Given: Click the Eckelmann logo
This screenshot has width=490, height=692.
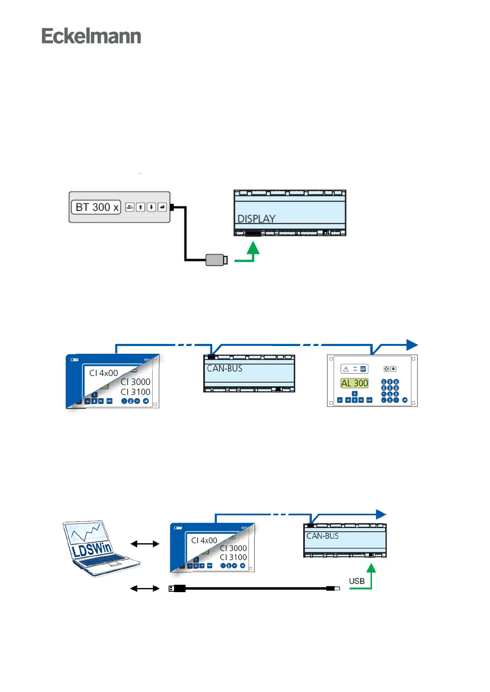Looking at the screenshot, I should pyautogui.click(x=91, y=36).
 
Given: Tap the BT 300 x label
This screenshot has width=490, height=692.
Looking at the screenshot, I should pyautogui.click(x=96, y=207).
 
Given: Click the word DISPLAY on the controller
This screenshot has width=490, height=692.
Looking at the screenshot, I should pyautogui.click(x=256, y=219).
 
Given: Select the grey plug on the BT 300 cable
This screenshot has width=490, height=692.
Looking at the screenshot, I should pyautogui.click(x=216, y=260).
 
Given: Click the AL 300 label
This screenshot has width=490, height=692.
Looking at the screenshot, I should pyautogui.click(x=355, y=383).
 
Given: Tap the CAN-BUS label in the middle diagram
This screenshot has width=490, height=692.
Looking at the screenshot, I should pyautogui.click(x=225, y=368).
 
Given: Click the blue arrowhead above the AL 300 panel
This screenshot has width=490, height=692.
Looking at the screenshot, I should pyautogui.click(x=412, y=345).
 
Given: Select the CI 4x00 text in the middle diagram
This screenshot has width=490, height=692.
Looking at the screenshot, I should pyautogui.click(x=104, y=373).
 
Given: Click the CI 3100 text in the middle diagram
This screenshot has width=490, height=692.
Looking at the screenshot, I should pyautogui.click(x=135, y=392).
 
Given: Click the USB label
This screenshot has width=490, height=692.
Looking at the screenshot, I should pyautogui.click(x=357, y=581).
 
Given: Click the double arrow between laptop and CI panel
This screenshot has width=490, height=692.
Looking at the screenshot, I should pyautogui.click(x=144, y=544).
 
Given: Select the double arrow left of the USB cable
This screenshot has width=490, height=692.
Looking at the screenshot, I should pyautogui.click(x=144, y=588).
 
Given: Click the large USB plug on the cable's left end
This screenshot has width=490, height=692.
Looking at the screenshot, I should pyautogui.click(x=177, y=588).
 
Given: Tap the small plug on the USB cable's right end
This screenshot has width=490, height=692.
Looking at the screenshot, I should pyautogui.click(x=333, y=588).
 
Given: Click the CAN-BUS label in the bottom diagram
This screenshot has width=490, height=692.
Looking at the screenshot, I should pyautogui.click(x=323, y=536).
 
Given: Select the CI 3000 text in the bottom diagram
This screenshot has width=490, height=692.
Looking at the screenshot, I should pyautogui.click(x=233, y=548).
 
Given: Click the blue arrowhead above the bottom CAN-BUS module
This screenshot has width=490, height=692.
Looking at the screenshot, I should pyautogui.click(x=381, y=514).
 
